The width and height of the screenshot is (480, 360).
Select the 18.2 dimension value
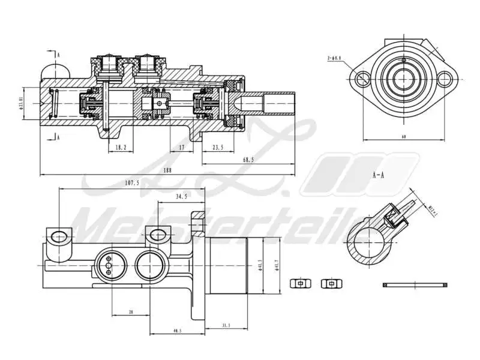[x=120, y=146]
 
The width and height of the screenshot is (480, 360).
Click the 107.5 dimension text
[x=131, y=183]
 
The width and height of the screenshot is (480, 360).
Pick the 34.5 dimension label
[x=181, y=196]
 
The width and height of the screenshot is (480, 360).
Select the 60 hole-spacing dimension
[x=404, y=137]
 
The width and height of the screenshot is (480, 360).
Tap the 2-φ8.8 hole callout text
[x=334, y=58]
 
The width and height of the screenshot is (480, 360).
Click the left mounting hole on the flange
[x=362, y=79]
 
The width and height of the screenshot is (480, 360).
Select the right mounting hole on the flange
[x=444, y=78]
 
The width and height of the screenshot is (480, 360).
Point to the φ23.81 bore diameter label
[x=21, y=105]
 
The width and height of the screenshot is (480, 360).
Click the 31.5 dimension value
[x=225, y=325]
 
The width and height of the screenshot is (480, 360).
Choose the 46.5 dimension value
[x=177, y=331]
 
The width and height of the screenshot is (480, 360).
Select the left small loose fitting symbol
[x=298, y=283]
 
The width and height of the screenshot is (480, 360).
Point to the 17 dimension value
[x=181, y=146]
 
